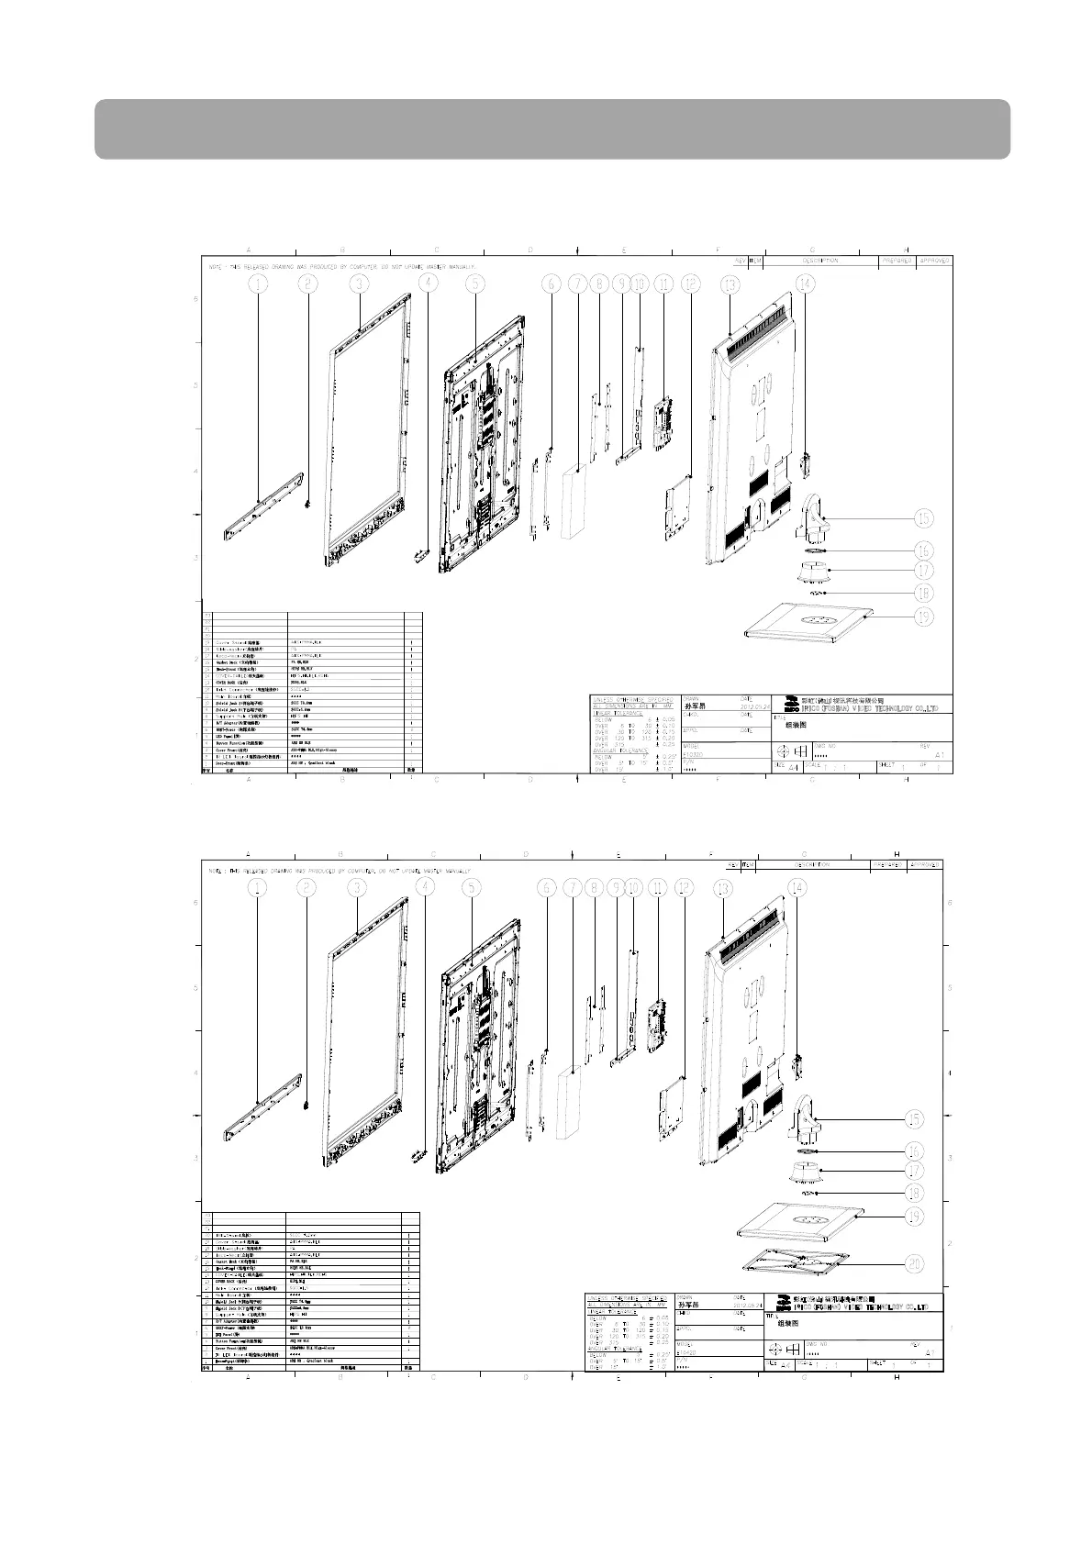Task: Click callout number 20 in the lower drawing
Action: click(x=913, y=1263)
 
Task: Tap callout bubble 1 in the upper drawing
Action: click(x=259, y=284)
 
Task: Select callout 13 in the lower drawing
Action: click(x=724, y=888)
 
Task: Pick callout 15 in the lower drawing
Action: click(x=913, y=1119)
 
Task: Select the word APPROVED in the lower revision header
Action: click(x=924, y=864)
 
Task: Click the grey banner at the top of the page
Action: click(x=552, y=128)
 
